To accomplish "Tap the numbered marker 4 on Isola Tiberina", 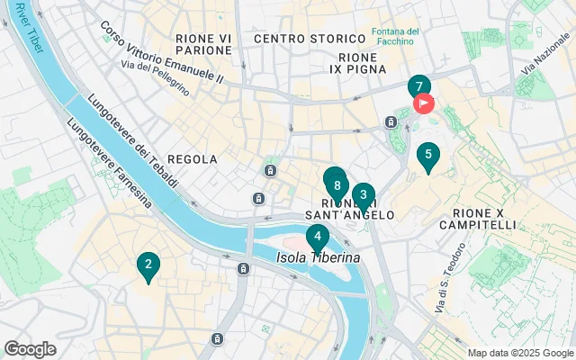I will click(317, 238).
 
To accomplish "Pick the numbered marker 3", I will click(363, 194).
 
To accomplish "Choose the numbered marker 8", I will click(336, 186).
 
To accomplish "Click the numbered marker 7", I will click(418, 87).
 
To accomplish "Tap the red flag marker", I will click(424, 103).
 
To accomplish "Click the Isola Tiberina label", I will click(318, 257).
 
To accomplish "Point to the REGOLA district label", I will click(193, 159).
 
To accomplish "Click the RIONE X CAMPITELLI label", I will click(478, 217).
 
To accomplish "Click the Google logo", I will click(30, 349).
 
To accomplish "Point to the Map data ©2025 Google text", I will click(519, 353).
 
